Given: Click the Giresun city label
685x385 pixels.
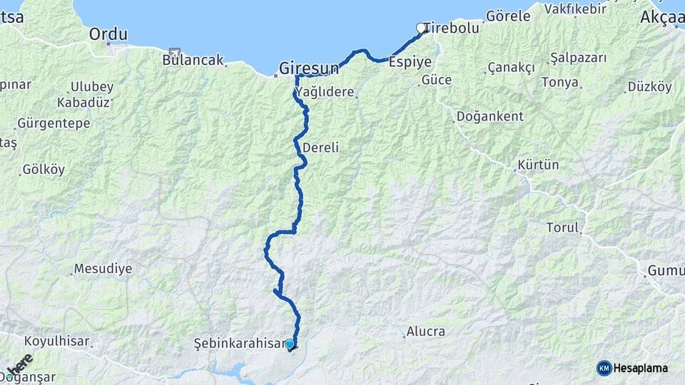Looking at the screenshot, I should click(308, 68).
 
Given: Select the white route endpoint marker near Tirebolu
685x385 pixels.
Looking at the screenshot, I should click(421, 29).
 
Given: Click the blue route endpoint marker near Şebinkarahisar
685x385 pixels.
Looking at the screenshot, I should click(290, 344).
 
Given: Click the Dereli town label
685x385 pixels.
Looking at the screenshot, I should click(320, 148).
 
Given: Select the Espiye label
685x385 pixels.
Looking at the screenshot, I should click(410, 62).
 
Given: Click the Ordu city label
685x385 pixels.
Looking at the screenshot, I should click(108, 34).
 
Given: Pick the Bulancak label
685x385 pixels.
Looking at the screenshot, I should click(193, 60).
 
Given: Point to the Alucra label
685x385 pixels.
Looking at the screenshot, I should click(425, 331).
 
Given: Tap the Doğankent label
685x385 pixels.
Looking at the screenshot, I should click(489, 115).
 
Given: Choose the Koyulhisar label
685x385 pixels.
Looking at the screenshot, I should click(57, 341).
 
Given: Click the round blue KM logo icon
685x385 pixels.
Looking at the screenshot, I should click(604, 368).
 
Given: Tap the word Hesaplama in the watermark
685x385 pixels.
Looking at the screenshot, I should click(640, 368).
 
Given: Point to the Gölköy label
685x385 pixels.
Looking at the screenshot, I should click(44, 170).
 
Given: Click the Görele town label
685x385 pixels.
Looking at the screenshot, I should click(508, 16).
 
